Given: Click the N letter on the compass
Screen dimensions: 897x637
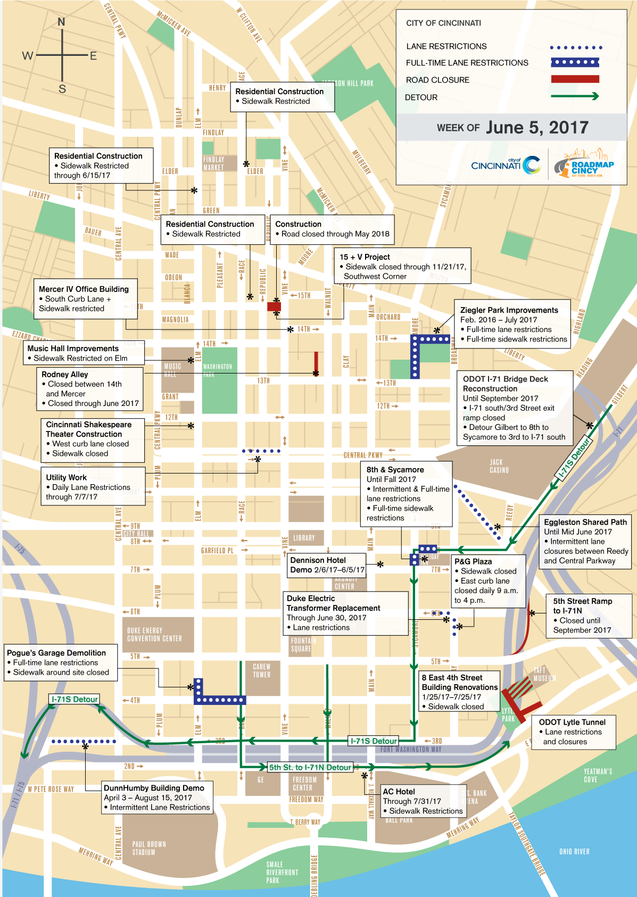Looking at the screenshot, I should tap(62, 22).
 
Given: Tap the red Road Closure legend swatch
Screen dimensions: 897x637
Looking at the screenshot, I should tap(575, 79).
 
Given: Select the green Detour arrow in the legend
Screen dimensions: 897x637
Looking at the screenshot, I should tap(575, 96).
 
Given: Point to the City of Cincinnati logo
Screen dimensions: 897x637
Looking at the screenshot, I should tap(506, 165).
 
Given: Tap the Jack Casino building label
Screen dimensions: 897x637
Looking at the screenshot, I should tap(499, 466).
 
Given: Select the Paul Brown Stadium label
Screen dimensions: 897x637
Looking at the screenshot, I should tap(149, 848).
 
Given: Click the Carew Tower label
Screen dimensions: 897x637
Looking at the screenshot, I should tap(261, 670).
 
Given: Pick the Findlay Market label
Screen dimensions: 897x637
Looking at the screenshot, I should tap(213, 163).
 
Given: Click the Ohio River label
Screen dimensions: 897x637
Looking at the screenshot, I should tap(574, 852).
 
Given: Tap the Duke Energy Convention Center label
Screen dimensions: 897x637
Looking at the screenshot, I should tap(154, 634).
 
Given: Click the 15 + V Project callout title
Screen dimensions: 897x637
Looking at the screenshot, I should tap(365, 257).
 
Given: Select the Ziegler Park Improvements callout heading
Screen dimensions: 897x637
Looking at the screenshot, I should tap(509, 310).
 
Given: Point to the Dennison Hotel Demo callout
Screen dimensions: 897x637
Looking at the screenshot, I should tap(327, 565).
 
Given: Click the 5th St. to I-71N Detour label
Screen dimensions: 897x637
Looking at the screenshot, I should tap(310, 767).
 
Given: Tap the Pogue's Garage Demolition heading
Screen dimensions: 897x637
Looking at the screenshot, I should tap(56, 653).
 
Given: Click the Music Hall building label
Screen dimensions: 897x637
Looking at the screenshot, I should tap(172, 370).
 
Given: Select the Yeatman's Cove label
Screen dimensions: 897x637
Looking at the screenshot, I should tap(598, 775).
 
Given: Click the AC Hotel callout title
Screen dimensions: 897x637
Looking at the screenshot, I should tap(399, 792).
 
